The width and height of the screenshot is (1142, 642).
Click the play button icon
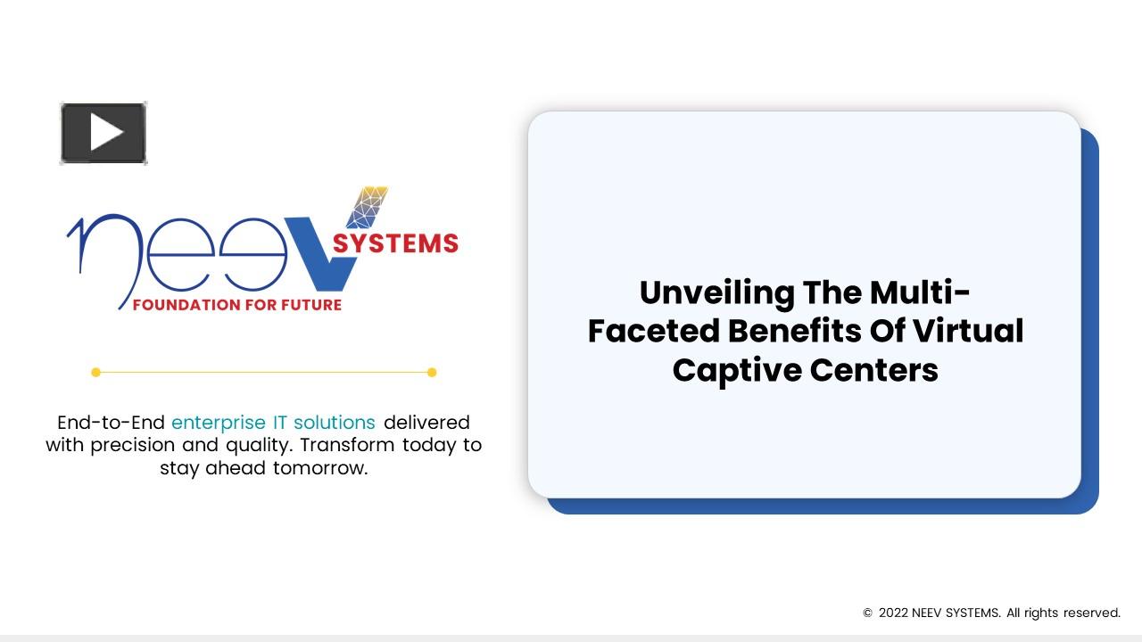(103, 134)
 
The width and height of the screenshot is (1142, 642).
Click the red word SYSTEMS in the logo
(395, 243)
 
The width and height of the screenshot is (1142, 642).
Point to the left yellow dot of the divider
(95, 373)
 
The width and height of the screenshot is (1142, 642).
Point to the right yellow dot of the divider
(432, 373)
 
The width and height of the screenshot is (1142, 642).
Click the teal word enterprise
(218, 422)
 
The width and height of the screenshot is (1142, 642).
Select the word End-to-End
(111, 422)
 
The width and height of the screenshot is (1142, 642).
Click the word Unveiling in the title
(716, 292)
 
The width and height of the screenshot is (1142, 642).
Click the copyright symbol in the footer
(867, 613)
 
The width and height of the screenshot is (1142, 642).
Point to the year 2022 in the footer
(893, 613)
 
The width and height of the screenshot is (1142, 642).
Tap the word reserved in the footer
(1090, 613)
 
